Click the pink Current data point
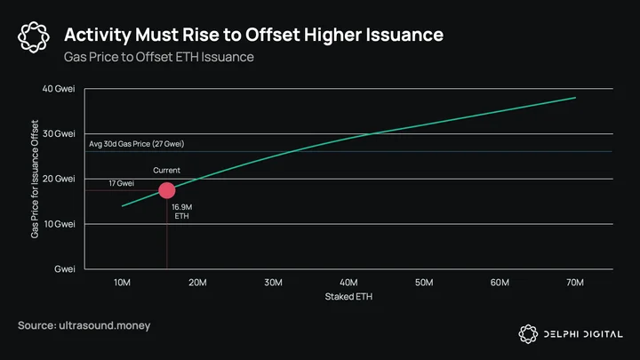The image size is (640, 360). click(167, 190)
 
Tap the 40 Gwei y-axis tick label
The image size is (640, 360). click(59, 89)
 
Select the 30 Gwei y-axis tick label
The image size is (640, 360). click(59, 134)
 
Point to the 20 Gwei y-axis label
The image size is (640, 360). click(59, 179)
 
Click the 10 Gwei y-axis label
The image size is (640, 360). click(60, 224)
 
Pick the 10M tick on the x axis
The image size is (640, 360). click(122, 283)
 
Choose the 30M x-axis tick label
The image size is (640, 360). click(273, 283)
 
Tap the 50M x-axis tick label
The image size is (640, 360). click(424, 283)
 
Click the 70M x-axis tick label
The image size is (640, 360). click(575, 283)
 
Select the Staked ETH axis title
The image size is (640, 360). click(348, 297)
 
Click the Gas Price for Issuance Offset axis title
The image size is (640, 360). click(35, 180)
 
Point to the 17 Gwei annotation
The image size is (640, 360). click(121, 183)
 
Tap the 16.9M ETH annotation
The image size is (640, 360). click(181, 212)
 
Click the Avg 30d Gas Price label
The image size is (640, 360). click(136, 144)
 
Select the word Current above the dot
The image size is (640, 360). click(166, 170)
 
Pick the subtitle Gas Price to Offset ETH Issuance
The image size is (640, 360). click(159, 57)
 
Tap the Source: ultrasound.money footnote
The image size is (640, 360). click(84, 325)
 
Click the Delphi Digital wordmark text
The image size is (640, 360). click(583, 334)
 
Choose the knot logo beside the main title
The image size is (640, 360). click(34, 37)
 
